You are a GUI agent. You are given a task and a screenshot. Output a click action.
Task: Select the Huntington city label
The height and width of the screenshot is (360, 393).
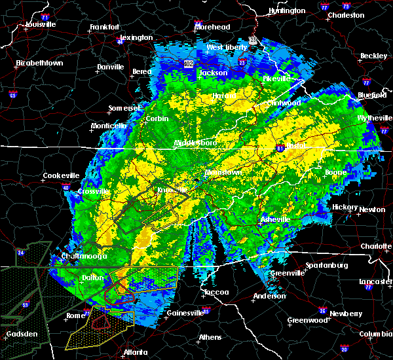[286, 10]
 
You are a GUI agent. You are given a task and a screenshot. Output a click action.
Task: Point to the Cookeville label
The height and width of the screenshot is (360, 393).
[61, 175]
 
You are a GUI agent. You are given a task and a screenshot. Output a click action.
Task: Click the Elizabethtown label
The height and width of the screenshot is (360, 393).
[39, 63]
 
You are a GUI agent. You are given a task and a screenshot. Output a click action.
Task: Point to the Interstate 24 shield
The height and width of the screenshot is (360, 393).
[20, 252]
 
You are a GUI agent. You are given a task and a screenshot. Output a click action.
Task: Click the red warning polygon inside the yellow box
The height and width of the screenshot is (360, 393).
[100, 321]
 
